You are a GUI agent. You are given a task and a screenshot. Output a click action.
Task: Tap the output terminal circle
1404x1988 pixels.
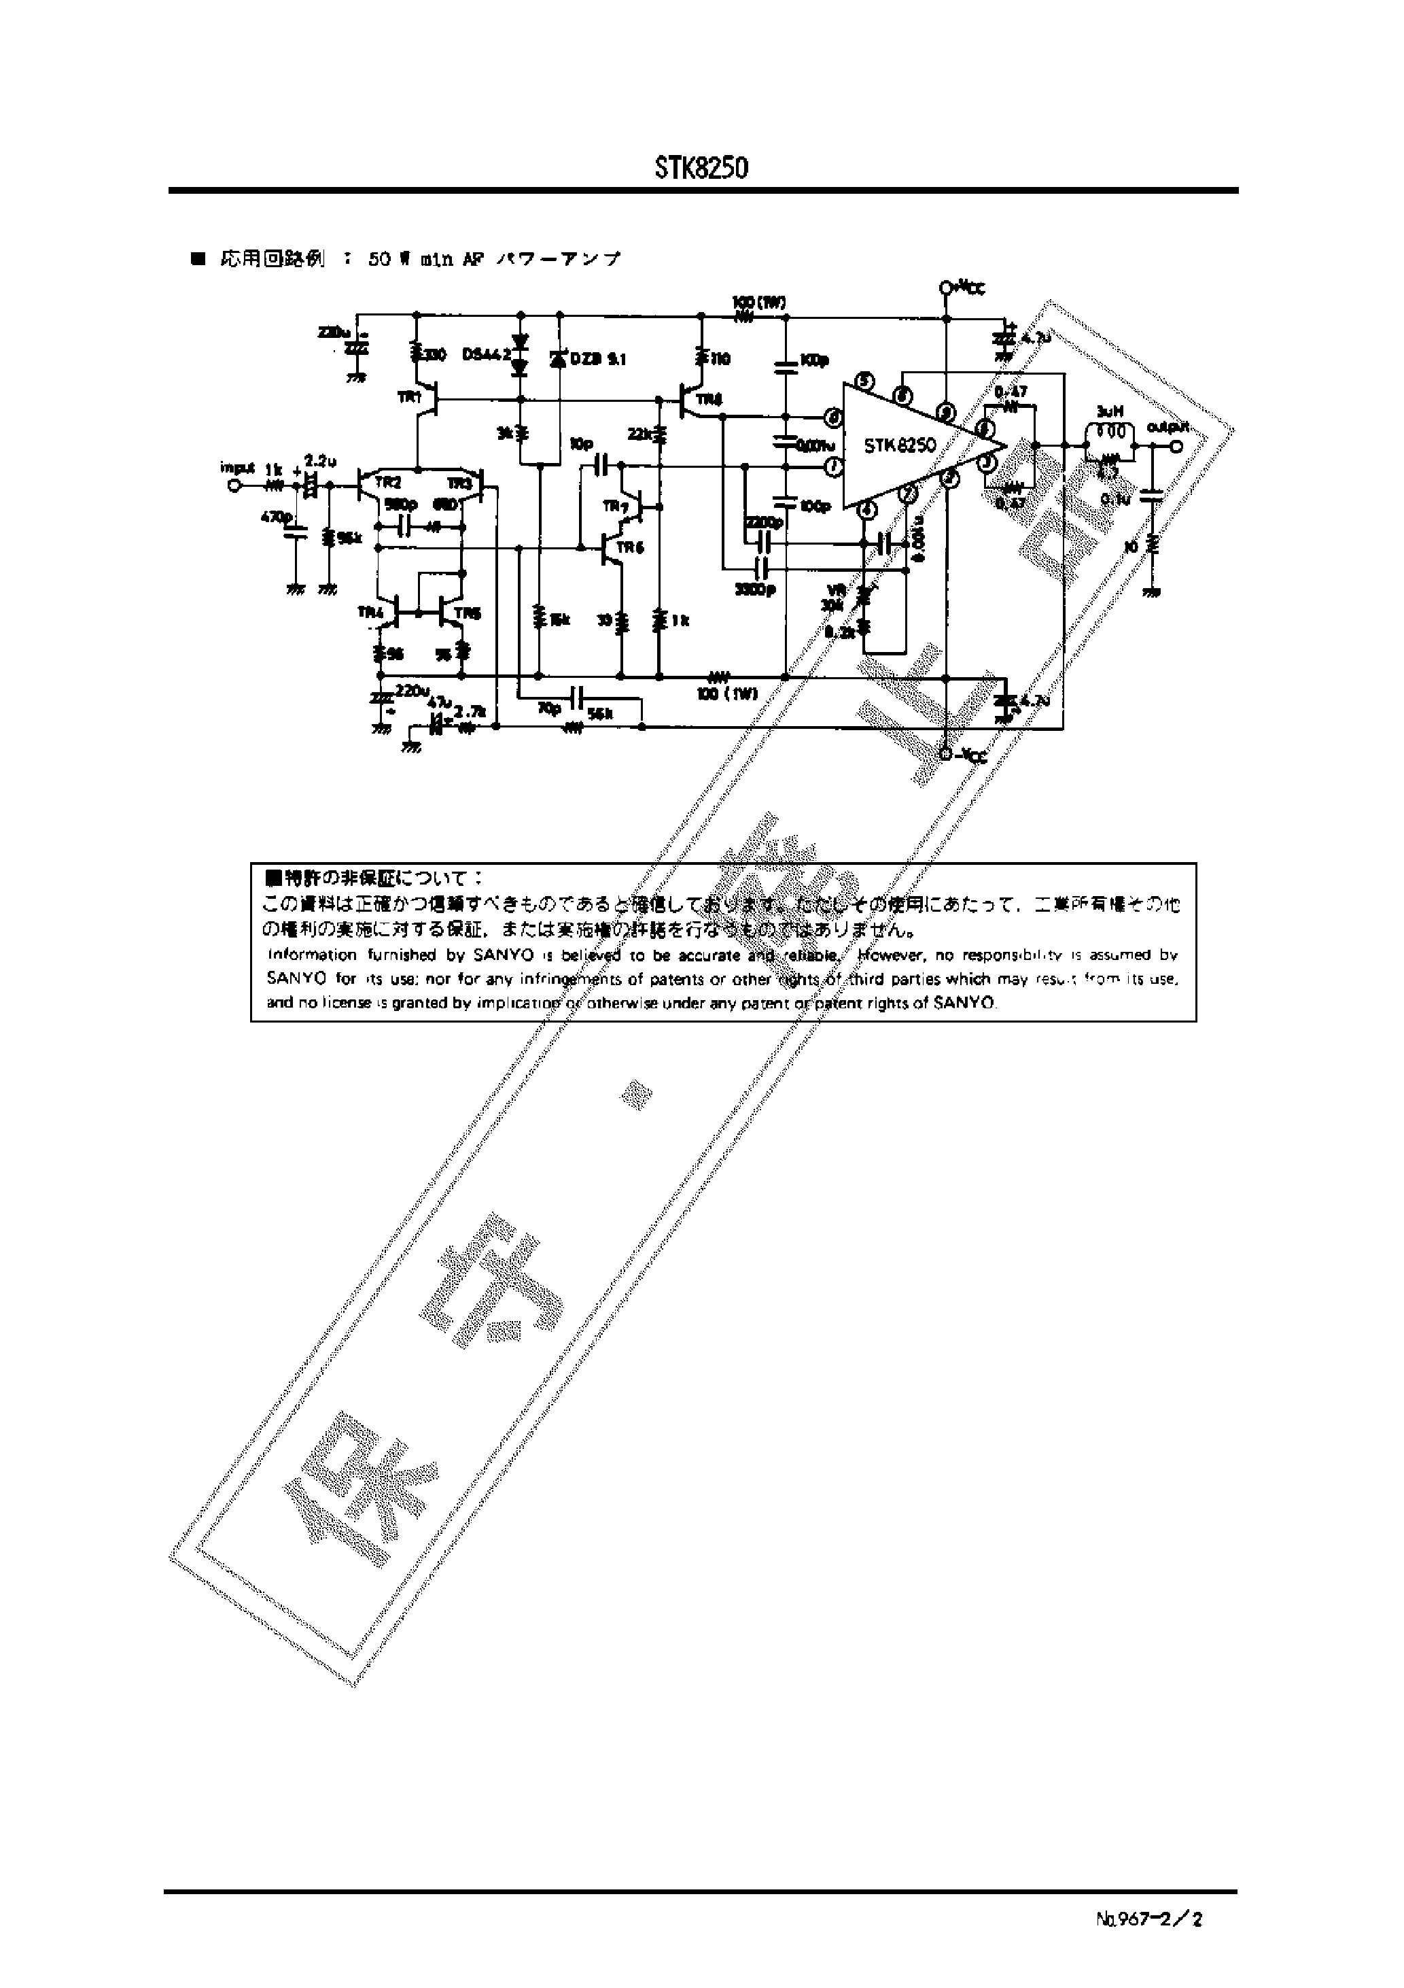click(x=1176, y=446)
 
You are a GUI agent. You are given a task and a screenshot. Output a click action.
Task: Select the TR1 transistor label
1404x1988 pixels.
click(x=408, y=398)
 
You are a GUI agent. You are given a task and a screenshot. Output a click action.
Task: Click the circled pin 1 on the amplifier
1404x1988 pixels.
click(x=834, y=468)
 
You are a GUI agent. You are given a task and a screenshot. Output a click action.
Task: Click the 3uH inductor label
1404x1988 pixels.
click(x=1110, y=412)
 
